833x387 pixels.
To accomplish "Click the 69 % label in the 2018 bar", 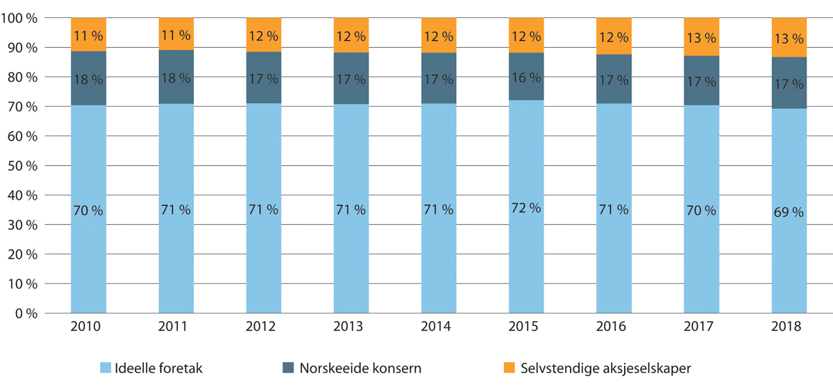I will pyautogui.click(x=789, y=212).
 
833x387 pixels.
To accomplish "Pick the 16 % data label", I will pyautogui.click(x=525, y=77).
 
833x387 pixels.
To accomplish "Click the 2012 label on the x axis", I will pyautogui.click(x=263, y=327).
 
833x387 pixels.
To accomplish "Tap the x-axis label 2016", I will pyautogui.click(x=614, y=327).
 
